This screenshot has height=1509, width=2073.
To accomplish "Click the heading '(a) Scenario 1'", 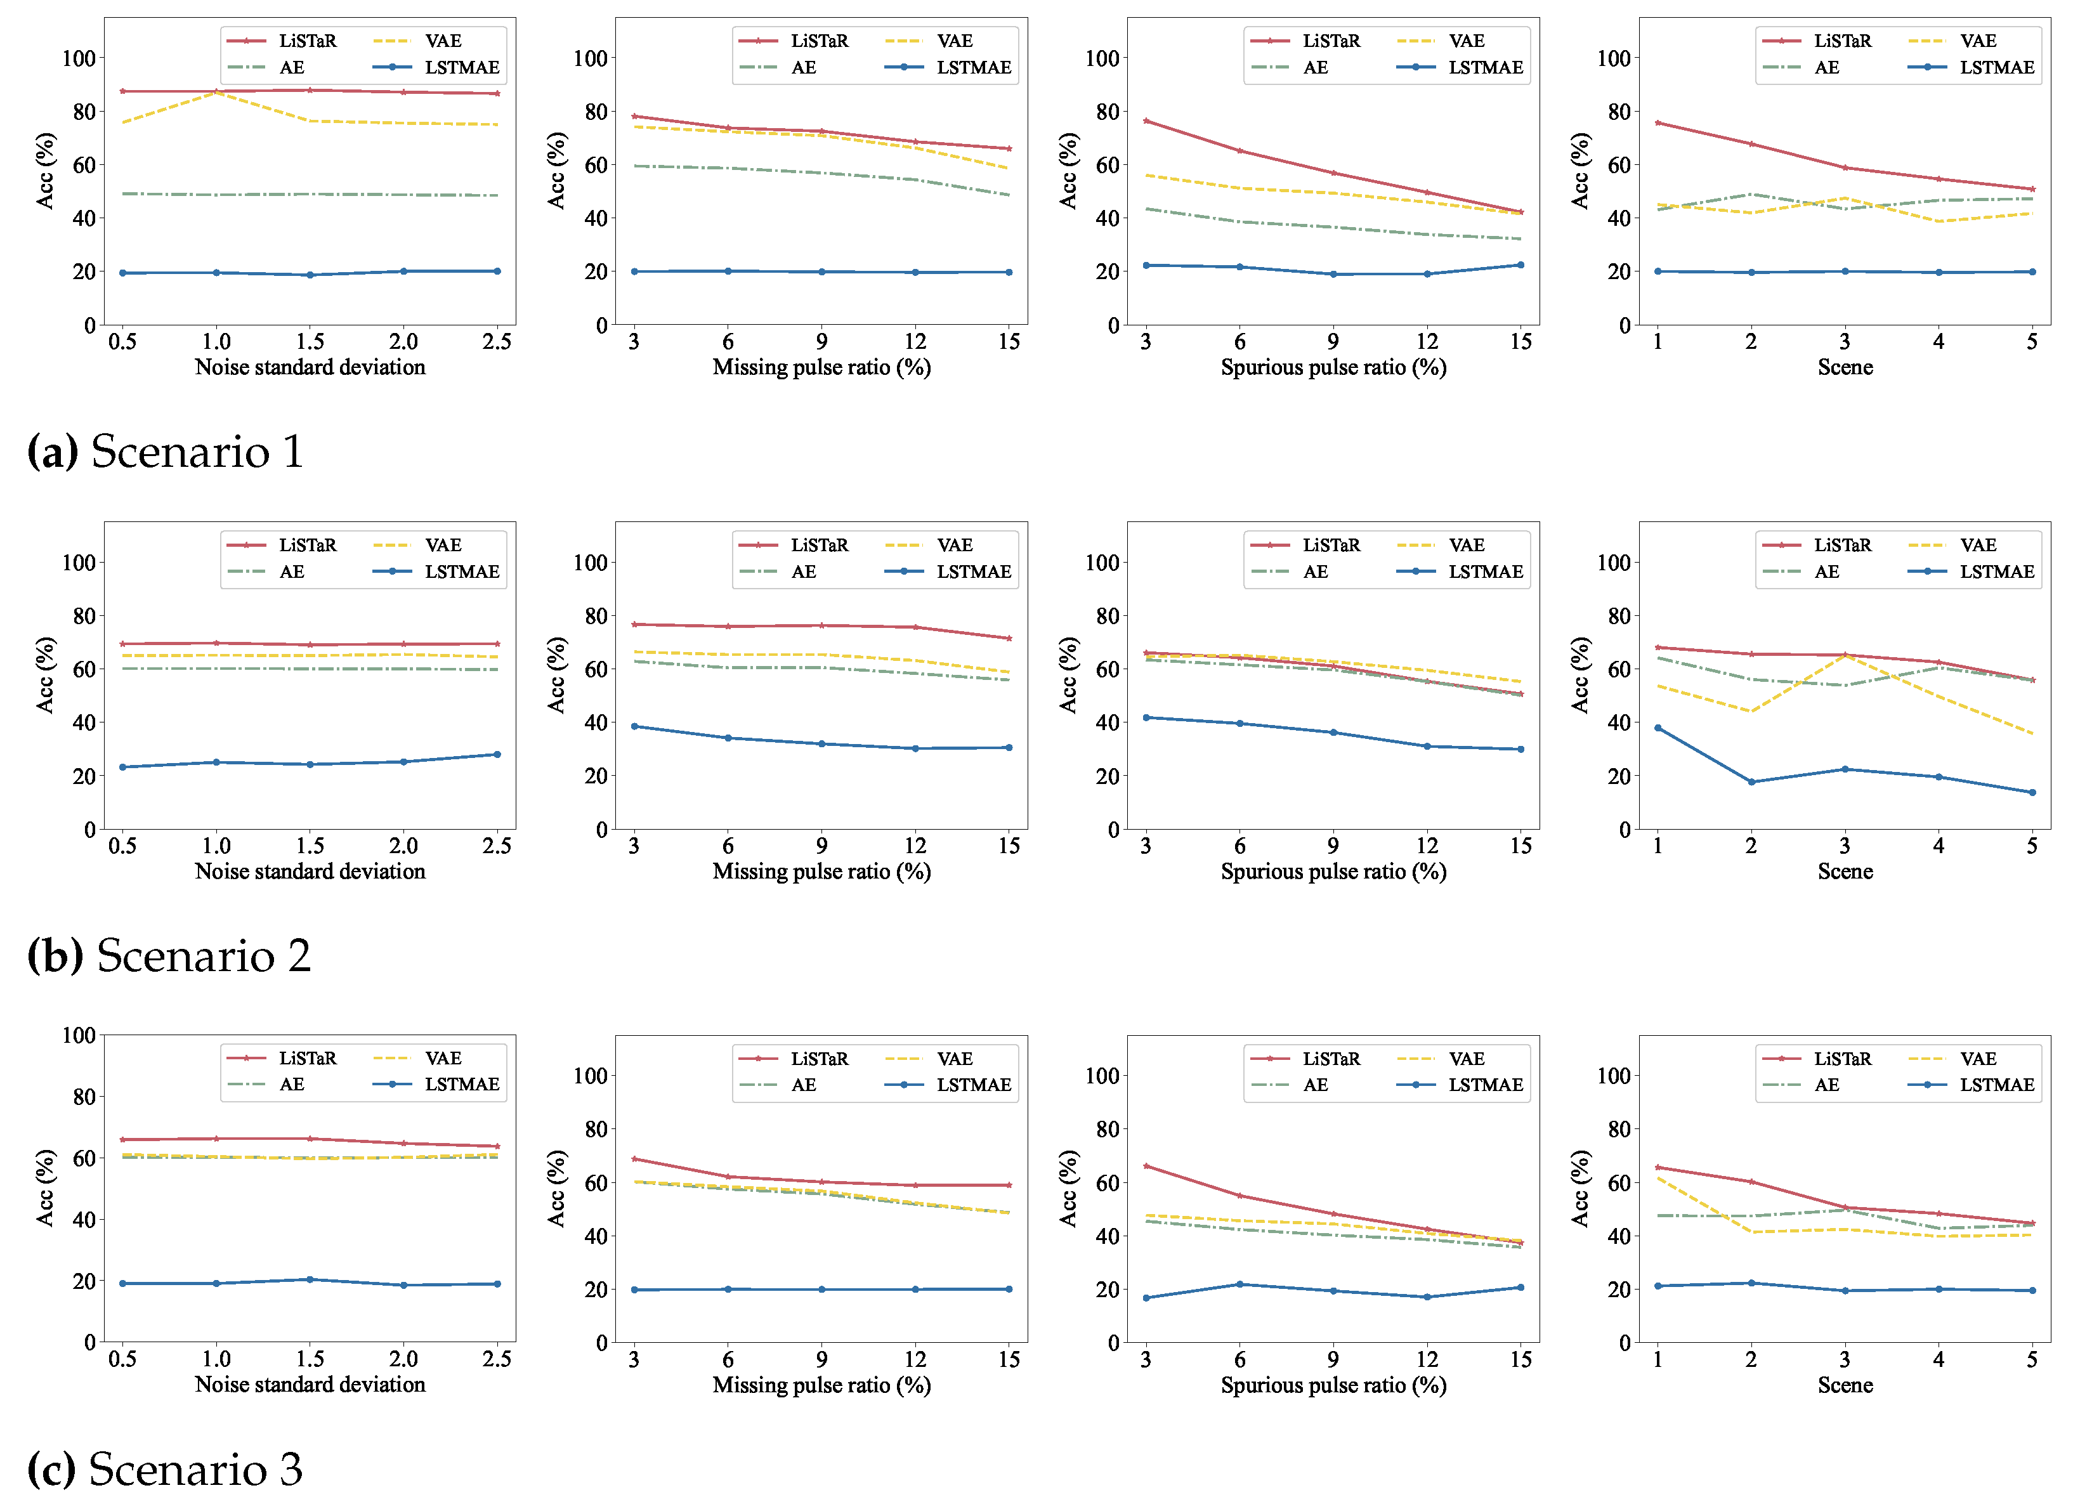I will point(166,452).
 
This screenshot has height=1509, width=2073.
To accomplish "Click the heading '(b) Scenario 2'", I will point(169,956).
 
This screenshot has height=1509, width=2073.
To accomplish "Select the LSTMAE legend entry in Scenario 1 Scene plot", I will point(1996,68).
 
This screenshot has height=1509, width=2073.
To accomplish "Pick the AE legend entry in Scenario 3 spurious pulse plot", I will point(1314,1085).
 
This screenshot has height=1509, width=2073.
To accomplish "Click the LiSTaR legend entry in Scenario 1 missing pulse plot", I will point(819,41).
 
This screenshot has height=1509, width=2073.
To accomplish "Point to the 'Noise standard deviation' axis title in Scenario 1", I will point(310,367).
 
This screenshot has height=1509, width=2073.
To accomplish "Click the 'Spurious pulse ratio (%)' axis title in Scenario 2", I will point(1333,872).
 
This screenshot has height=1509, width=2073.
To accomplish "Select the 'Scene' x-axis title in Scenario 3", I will point(1845,1385).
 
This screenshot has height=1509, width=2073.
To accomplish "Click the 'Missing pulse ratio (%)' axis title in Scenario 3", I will point(821,1385).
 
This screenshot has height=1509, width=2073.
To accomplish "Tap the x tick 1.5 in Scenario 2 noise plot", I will point(310,846).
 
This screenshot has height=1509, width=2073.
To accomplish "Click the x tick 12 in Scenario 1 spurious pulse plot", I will point(1427,342).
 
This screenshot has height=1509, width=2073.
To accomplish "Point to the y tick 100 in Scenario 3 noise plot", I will point(79,1036).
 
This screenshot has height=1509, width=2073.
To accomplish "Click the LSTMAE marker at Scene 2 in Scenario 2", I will point(1751,782).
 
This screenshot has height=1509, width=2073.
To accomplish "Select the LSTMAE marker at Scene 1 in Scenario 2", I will point(1658,728).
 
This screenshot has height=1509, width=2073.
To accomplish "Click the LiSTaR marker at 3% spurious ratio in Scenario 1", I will point(1146,121).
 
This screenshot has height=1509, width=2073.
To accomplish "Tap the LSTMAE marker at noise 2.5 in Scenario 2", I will point(497,755).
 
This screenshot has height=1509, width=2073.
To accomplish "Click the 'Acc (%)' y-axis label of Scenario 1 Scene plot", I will point(1579,171).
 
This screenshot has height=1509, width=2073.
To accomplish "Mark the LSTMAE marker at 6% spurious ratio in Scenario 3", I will point(1239,1284).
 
